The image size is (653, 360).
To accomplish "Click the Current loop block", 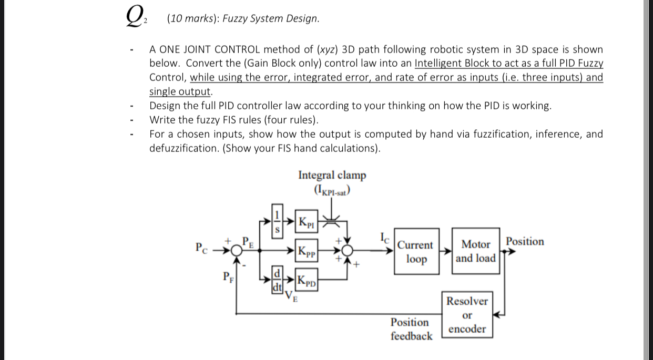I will (x=415, y=252).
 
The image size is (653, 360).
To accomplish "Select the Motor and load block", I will (x=475, y=251).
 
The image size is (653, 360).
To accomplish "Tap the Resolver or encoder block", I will (x=467, y=315).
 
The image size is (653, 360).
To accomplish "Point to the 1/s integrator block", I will (x=278, y=221).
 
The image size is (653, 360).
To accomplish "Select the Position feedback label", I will (x=411, y=329).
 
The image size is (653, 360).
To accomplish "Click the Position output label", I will (x=525, y=242).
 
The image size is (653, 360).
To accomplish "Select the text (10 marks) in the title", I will (x=192, y=19).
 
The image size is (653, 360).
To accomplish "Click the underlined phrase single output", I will (x=180, y=91).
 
